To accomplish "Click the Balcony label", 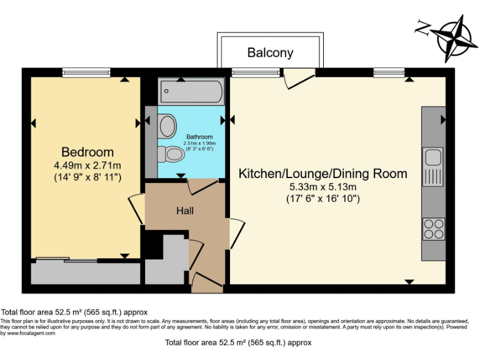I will click(270, 52).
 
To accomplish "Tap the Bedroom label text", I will click(87, 152).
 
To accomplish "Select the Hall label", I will click(184, 211).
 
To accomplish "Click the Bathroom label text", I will click(199, 137).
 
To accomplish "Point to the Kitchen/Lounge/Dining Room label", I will click(322, 174).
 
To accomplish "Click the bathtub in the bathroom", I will click(191, 91).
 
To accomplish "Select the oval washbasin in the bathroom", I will click(167, 127).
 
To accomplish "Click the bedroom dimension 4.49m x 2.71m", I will click(87, 166).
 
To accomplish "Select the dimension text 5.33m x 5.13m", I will click(322, 187).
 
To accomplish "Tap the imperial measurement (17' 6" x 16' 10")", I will click(322, 199).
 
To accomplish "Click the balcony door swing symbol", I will click(299, 78).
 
